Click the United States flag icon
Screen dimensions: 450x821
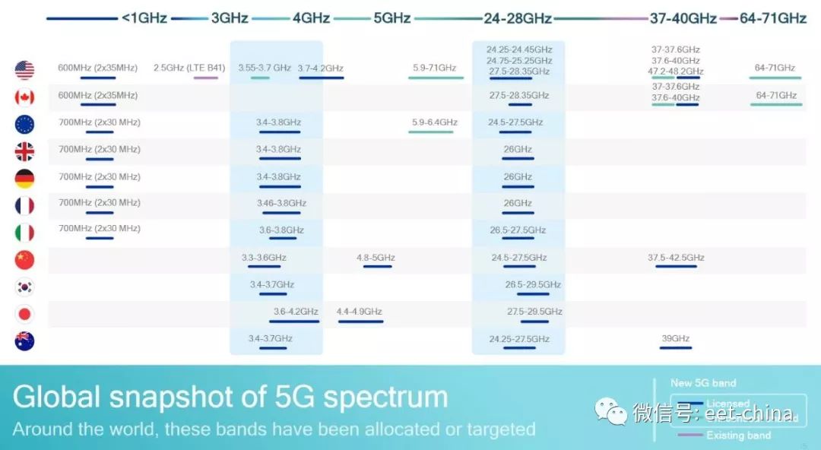coord(24,70)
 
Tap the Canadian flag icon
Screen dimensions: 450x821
coord(24,97)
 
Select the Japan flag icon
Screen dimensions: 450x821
coord(24,314)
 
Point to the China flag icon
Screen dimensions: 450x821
coord(24,260)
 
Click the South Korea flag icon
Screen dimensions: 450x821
coord(24,287)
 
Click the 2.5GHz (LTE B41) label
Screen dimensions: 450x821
coord(189,68)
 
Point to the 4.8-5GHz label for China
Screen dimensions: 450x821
coord(376,258)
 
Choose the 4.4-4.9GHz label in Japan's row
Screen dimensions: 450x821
coord(360,312)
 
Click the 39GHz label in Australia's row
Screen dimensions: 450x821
coord(675,338)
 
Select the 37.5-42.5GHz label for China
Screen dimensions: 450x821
coord(676,258)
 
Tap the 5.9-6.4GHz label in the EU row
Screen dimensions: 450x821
coord(435,122)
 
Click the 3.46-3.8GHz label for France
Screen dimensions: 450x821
coord(281,203)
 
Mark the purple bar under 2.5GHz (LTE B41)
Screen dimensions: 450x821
coord(205,78)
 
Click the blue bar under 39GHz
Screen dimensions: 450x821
coord(675,348)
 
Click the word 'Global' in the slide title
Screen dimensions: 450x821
coord(56,398)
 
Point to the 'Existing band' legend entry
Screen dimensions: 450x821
coord(738,436)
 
